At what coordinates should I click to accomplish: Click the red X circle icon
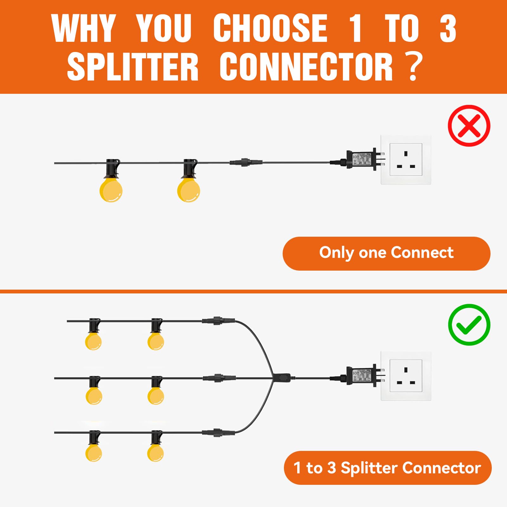(x=469, y=126)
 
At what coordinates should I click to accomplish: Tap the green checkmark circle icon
(x=469, y=325)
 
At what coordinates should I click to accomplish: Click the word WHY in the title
(x=83, y=29)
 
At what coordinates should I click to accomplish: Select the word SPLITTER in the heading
(x=133, y=67)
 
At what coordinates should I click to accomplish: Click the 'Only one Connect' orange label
(x=386, y=253)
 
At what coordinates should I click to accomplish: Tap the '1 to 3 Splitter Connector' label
(x=387, y=468)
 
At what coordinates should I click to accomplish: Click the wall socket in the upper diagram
(x=406, y=159)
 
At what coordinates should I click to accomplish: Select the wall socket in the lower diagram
(x=406, y=376)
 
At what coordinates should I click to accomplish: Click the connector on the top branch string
(x=218, y=321)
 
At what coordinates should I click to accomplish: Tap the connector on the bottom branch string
(x=218, y=432)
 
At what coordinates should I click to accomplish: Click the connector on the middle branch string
(x=219, y=378)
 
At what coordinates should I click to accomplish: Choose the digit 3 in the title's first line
(x=447, y=29)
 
